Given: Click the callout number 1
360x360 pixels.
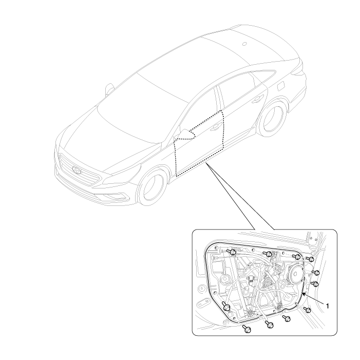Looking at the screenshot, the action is tap(328, 306).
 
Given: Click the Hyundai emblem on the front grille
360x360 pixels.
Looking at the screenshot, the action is tap(77, 170).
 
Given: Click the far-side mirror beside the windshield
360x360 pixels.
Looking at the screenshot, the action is tap(110, 89).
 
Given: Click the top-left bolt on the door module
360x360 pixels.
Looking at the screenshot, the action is tap(233, 252).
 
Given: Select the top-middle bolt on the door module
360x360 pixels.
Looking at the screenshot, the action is tap(269, 254).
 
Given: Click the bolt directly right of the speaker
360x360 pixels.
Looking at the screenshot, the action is tap(315, 272).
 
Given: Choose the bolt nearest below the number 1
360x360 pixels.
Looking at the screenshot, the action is tap(308, 310).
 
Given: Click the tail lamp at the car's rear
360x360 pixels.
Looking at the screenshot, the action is tap(298, 70).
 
